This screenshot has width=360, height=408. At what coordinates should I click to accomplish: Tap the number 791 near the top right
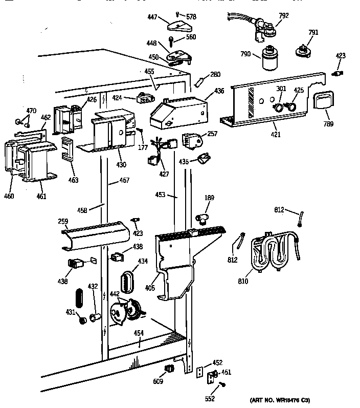(x=313, y=33)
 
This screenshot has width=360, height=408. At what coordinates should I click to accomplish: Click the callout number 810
(x=243, y=281)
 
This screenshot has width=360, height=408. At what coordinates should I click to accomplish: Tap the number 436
(x=219, y=91)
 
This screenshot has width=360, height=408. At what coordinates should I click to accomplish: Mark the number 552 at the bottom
(x=210, y=398)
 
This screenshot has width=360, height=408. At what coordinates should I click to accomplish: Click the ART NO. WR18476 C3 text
(x=280, y=400)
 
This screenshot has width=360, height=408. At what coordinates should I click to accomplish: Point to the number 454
(x=139, y=333)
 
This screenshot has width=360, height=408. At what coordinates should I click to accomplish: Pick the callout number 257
(x=212, y=134)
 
